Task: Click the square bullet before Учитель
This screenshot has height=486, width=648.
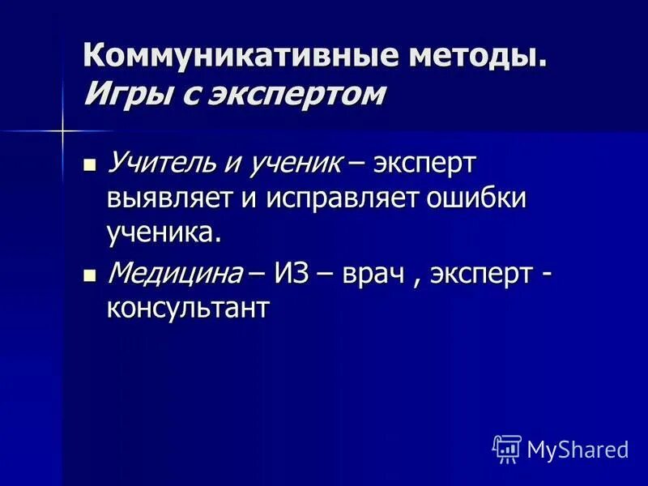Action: pyautogui.click(x=90, y=165)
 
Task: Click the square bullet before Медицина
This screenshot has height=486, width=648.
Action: pyautogui.click(x=90, y=275)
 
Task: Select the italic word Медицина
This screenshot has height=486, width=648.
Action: pyautogui.click(x=175, y=272)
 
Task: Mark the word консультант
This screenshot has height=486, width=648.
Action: pyautogui.click(x=187, y=308)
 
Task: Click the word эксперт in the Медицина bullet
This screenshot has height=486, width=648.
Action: pyautogui.click(x=480, y=272)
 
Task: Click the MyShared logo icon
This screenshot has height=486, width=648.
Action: pyautogui.click(x=506, y=449)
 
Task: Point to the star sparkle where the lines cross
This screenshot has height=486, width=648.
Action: pyautogui.click(x=62, y=130)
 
